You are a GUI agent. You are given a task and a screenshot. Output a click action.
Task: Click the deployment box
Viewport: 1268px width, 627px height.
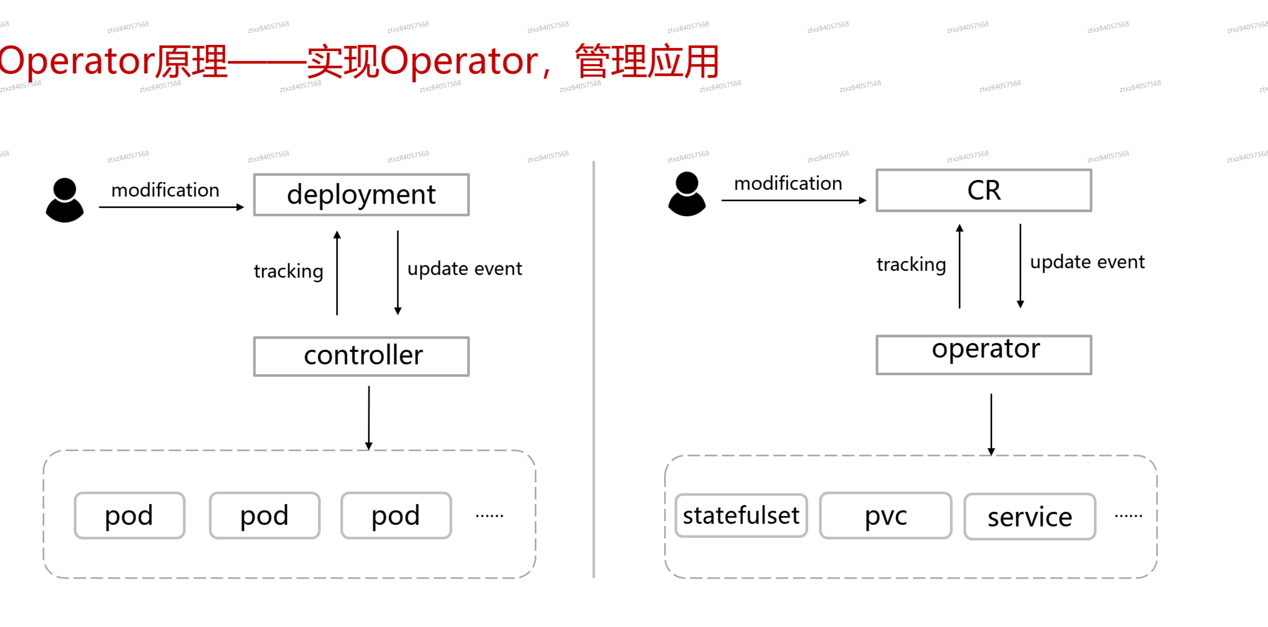pos(361,195)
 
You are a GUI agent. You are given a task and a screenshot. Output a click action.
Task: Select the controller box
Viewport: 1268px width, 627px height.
pos(361,356)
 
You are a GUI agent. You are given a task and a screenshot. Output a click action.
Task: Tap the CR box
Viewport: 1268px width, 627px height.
pos(984,191)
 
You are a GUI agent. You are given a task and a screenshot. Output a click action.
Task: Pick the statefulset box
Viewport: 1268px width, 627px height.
pos(741,515)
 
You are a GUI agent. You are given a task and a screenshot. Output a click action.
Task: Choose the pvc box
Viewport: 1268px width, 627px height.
pos(885,515)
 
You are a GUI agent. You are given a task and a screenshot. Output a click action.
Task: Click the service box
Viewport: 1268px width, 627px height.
pos(1029,516)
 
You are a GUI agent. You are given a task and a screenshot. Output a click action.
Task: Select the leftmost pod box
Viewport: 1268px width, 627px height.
pos(130,515)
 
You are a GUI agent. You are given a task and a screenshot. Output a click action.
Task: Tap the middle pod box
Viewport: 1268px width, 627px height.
pos(264,515)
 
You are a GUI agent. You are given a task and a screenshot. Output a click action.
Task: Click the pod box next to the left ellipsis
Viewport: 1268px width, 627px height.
pos(396,515)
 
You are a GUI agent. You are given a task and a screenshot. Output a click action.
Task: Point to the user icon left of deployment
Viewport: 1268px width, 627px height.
pos(64,200)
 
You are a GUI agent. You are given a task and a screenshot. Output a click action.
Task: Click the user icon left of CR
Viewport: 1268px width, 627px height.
pos(687,193)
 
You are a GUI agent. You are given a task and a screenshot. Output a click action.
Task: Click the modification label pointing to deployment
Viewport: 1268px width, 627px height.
pos(165,190)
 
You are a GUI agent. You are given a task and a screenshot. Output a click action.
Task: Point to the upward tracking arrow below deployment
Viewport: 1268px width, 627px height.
pos(337,273)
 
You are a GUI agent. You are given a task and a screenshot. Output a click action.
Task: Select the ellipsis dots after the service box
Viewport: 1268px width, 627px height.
pos(1128,516)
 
